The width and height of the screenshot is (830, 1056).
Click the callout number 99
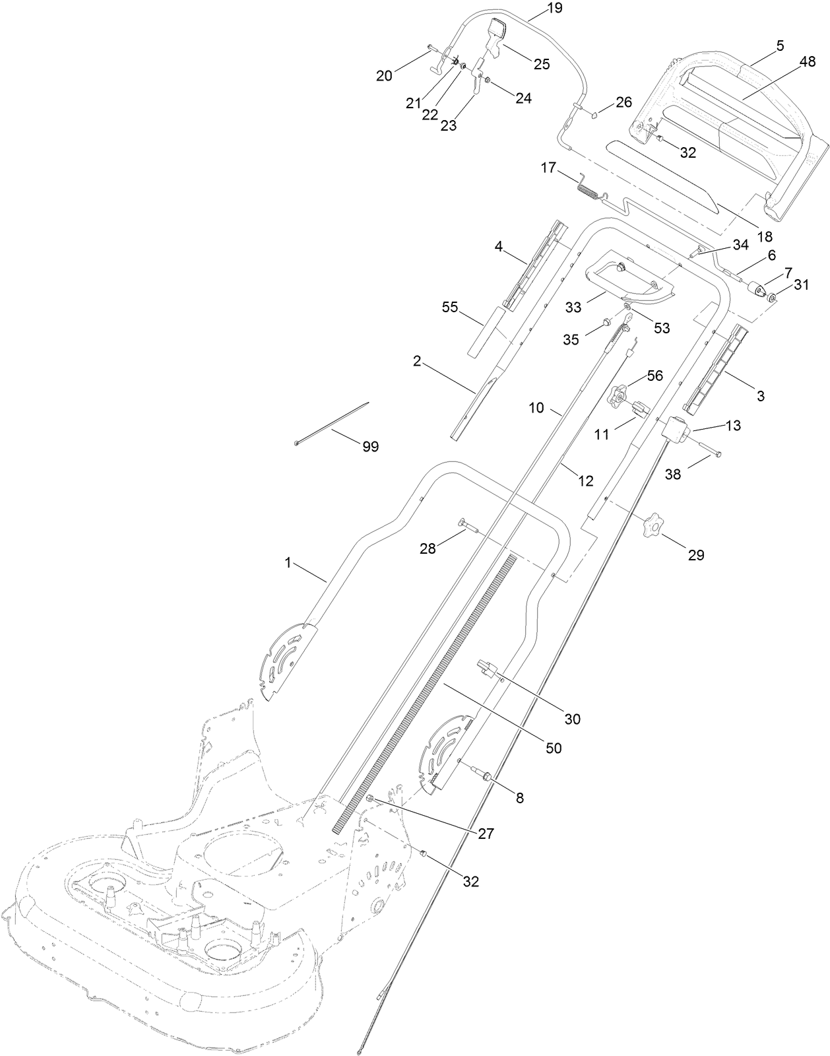coord(371,447)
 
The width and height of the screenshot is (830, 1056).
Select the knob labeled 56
coord(618,396)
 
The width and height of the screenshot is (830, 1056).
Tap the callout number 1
coord(288,562)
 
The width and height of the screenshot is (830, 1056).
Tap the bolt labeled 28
coord(468,524)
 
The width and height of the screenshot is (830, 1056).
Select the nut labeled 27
coord(371,800)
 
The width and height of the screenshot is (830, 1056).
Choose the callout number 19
coord(555,9)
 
